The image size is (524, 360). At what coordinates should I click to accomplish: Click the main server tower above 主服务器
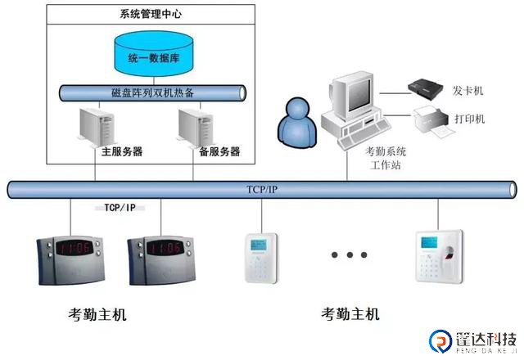point(96,126)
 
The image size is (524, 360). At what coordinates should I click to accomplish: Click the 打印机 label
point(469,119)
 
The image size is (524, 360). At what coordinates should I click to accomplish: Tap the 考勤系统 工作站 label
point(385,158)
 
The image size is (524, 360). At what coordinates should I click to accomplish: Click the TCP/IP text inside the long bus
point(262,189)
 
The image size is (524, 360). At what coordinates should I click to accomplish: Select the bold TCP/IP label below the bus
point(120,209)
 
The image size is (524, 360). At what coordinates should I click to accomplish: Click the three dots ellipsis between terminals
point(349,255)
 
